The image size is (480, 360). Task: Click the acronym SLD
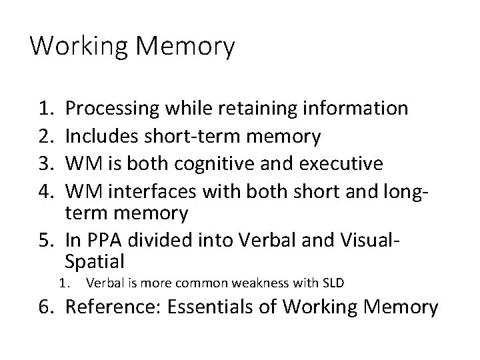(x=331, y=283)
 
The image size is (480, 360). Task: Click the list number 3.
(x=47, y=163)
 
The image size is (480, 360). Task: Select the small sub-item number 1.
(x=64, y=283)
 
